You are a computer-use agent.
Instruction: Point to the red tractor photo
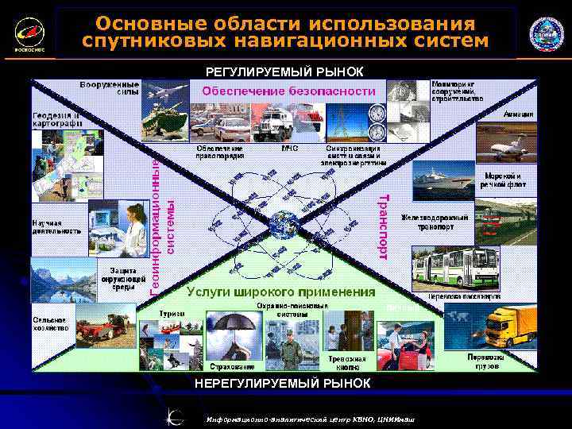[104, 327]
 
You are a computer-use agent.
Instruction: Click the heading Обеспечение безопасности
[288, 91]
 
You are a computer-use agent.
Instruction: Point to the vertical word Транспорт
[383, 226]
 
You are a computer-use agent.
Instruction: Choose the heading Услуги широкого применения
[281, 292]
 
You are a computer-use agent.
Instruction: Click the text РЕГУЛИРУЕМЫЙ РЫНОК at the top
[284, 71]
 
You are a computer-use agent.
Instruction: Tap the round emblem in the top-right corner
[546, 34]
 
